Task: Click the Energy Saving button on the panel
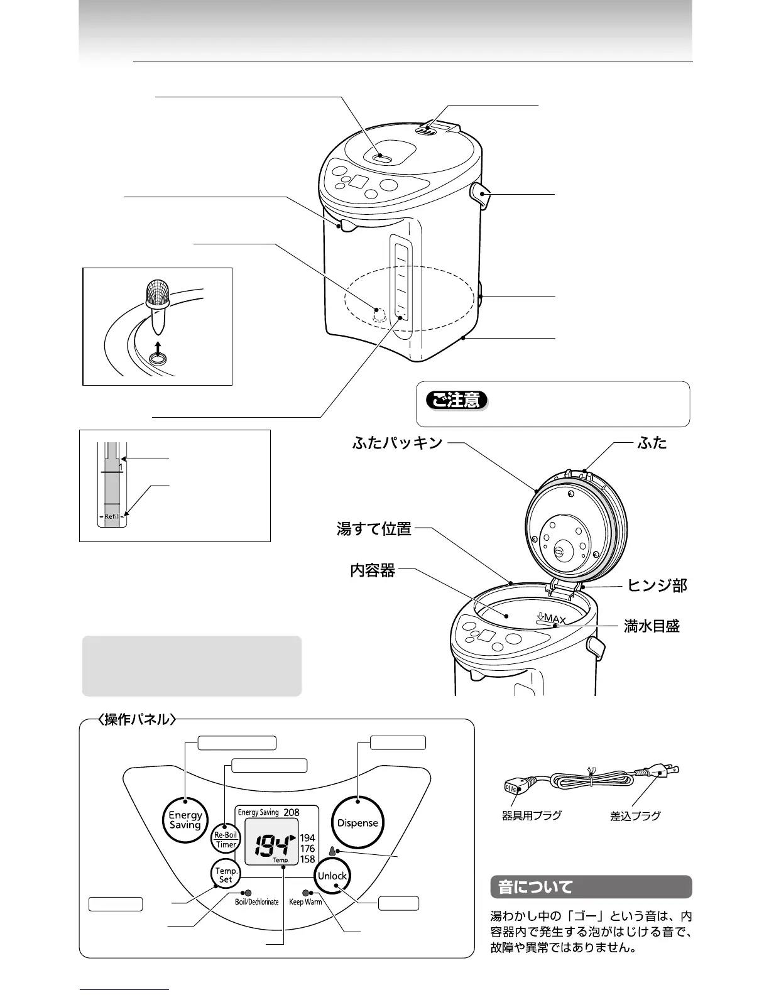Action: tap(185, 820)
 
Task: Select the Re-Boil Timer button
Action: tap(226, 840)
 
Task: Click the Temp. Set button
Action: tap(226, 874)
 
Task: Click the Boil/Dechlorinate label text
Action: tap(256, 902)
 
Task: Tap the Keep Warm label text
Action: tap(305, 902)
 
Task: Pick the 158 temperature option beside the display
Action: tap(307, 859)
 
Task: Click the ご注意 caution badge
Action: tap(457, 400)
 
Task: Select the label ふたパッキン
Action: tap(398, 443)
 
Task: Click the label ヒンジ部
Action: tap(657, 586)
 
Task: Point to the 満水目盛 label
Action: tap(652, 626)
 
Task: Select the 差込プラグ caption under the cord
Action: tap(635, 816)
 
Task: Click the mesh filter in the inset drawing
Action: tap(158, 293)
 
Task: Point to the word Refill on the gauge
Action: tap(112, 516)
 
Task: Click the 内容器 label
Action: tap(373, 570)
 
